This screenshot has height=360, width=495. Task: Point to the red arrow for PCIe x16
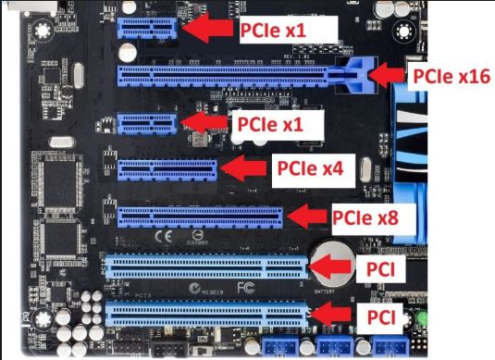coord(387,74)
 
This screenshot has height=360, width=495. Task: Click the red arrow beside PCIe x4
coord(241,168)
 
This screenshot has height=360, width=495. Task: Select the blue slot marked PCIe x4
coord(167,169)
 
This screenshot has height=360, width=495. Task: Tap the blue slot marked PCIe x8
coord(199,217)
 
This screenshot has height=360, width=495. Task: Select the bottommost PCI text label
coord(382,318)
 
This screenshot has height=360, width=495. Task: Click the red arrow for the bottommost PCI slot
coord(334,317)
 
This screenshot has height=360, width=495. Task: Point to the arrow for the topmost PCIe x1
coord(208,29)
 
